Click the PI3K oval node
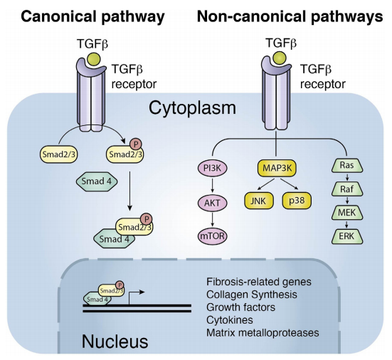pos(213,168)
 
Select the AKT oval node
pos(213,203)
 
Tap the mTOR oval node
pos(213,235)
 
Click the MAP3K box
pos(277,168)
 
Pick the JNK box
pos(259,201)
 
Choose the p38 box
pos(297,201)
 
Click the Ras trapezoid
pos(347,165)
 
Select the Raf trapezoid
pos(347,189)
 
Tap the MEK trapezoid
pos(347,213)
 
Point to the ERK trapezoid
pos(347,236)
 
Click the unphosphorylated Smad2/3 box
pos(59,155)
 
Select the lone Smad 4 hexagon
pos(97,181)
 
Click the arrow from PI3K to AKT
pos(213,186)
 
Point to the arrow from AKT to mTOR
pos(213,219)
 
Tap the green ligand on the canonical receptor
pos(93,60)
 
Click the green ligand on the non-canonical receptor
pos(280,58)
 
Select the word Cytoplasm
pos(192,108)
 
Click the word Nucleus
pos(115,342)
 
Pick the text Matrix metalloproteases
pos(263,333)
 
